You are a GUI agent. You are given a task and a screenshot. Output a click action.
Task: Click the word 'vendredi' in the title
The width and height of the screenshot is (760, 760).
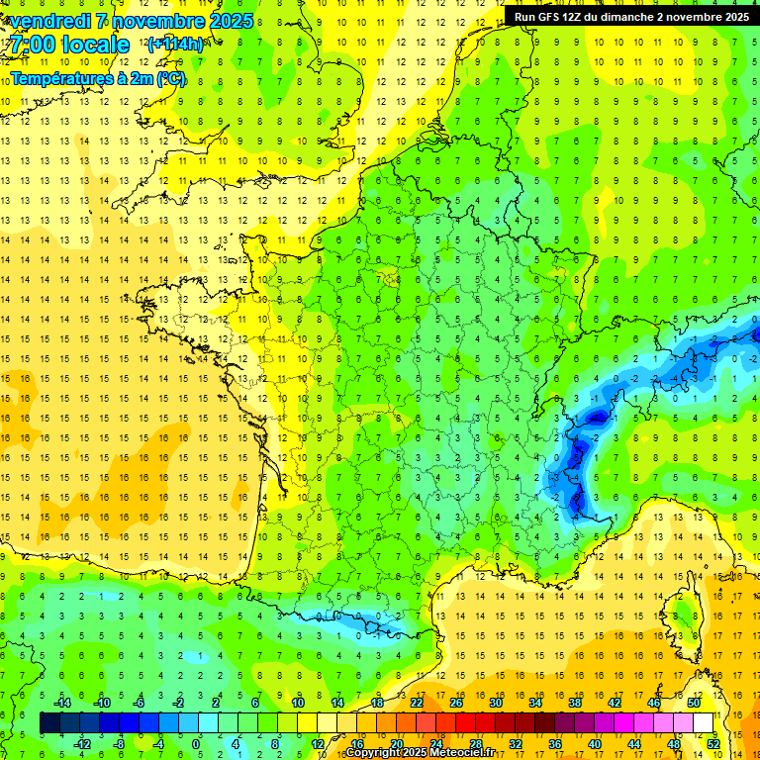(x=48, y=21)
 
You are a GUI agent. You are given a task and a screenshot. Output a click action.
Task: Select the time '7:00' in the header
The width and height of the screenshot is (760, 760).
(x=36, y=45)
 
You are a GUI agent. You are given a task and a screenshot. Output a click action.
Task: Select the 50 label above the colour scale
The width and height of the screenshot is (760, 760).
(x=694, y=703)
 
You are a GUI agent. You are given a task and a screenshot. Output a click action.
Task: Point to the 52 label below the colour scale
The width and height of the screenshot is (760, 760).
(x=713, y=743)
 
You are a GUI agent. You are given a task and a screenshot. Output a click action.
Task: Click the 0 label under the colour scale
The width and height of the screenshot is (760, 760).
(x=196, y=743)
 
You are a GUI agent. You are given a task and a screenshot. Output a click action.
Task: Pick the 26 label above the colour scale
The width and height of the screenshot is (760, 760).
(x=456, y=703)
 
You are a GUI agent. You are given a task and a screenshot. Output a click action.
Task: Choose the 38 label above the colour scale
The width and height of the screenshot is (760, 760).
(x=575, y=703)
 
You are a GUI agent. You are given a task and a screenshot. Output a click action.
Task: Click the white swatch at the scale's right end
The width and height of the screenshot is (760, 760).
(x=704, y=723)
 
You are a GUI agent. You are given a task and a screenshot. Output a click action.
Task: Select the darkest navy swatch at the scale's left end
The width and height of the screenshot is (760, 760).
(x=49, y=723)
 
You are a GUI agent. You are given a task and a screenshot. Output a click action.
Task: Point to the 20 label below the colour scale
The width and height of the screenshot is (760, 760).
(x=397, y=743)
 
